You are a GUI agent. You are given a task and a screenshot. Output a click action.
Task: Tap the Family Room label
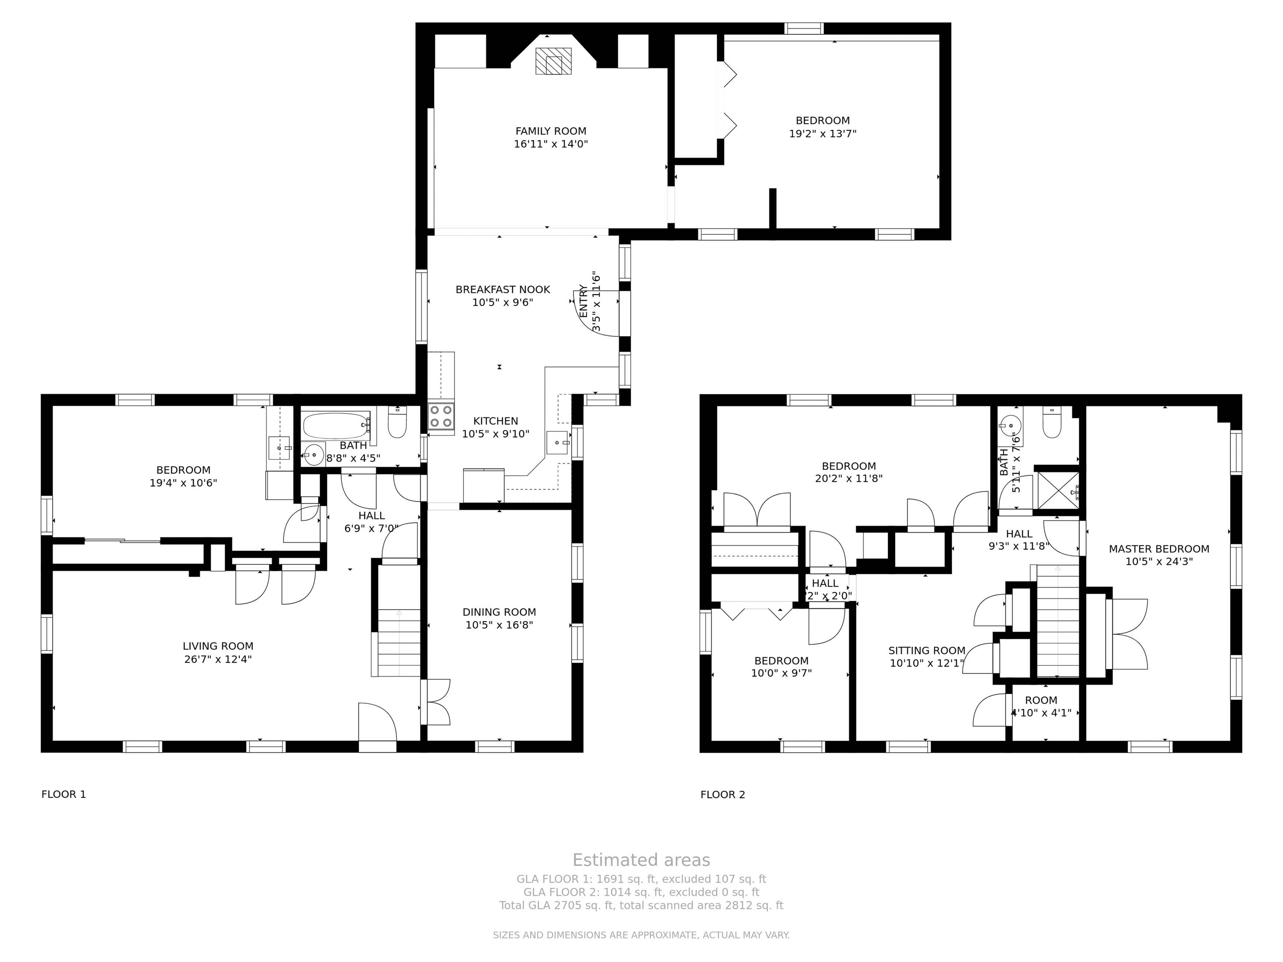pos(550,131)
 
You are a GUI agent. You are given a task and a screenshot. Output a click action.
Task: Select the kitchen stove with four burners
pos(441,416)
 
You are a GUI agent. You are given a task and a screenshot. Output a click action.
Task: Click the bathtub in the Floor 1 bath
pos(336,426)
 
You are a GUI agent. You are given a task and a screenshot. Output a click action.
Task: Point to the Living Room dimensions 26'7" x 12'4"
pos(218,659)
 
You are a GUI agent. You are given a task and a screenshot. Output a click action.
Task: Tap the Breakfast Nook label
pos(502,289)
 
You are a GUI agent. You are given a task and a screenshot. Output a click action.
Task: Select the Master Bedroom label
pos(1159,549)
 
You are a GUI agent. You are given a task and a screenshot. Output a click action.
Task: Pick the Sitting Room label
pos(927,650)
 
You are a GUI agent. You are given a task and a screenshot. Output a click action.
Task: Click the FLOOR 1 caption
pos(64,794)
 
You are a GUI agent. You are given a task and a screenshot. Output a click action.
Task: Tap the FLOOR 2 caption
pos(723,794)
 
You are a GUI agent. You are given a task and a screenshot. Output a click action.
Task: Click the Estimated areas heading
pos(641,860)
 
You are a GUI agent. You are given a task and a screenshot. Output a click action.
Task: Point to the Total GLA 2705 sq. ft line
pos(641,905)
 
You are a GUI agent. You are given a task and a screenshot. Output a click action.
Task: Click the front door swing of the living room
pos(377,722)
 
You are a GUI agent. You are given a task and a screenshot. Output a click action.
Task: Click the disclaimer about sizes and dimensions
pos(641,935)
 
